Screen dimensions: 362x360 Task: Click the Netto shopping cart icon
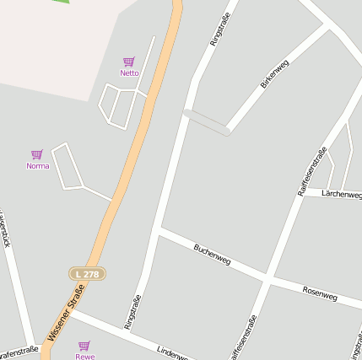129,62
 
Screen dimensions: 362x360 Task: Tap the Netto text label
129,73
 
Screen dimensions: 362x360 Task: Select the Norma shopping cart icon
37,154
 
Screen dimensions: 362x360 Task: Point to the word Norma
37,166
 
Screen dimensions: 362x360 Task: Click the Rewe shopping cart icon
84,345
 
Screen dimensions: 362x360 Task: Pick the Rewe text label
84,356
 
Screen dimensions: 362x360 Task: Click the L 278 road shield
87,274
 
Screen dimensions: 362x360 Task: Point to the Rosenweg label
319,292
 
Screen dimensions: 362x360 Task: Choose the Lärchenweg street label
342,194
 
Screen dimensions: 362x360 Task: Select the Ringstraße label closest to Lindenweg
132,311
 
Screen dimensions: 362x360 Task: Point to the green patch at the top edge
59,2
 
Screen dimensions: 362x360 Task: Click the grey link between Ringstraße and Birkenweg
207,122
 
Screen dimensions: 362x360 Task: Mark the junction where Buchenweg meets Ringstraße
159,228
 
